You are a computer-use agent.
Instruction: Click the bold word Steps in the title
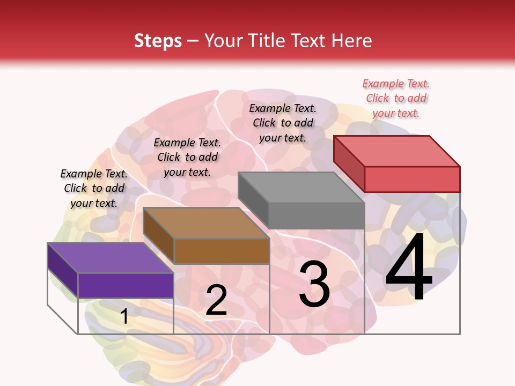point(158,41)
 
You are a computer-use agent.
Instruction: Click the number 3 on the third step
point(314,284)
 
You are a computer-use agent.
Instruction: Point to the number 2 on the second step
point(216,300)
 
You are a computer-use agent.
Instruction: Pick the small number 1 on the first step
point(124,317)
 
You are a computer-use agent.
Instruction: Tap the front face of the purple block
point(126,285)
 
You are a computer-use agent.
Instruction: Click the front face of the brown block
point(222,251)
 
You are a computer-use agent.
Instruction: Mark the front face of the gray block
point(317,216)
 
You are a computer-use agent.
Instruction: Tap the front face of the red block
point(412,179)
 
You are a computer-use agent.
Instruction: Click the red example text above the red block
point(396,98)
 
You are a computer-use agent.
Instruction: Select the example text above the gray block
point(283,123)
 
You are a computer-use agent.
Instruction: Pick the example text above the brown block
point(187,157)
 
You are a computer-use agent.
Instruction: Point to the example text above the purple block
point(94,188)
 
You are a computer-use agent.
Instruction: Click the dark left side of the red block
point(349,164)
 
